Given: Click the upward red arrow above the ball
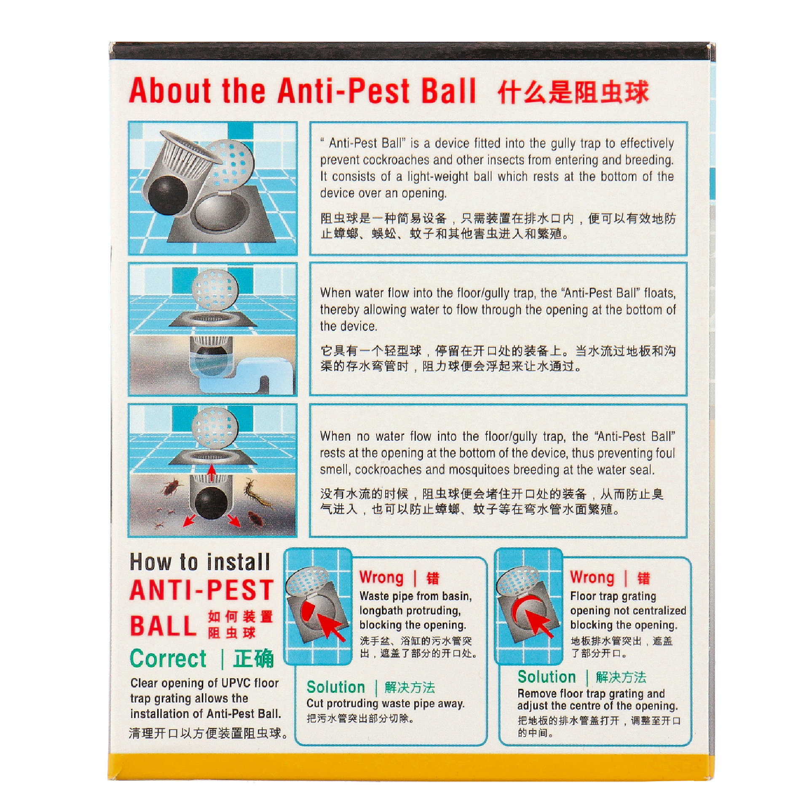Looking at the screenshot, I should [x=212, y=472].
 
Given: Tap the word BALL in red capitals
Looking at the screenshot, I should [x=163, y=626].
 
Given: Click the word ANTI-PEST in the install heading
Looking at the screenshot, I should [x=202, y=590].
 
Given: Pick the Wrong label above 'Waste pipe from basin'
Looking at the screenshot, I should [x=381, y=578].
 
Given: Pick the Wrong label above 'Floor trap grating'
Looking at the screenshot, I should [x=592, y=578].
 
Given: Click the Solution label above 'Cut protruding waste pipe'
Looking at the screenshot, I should [x=336, y=687].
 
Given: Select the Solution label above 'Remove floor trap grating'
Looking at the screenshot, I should [x=546, y=677].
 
